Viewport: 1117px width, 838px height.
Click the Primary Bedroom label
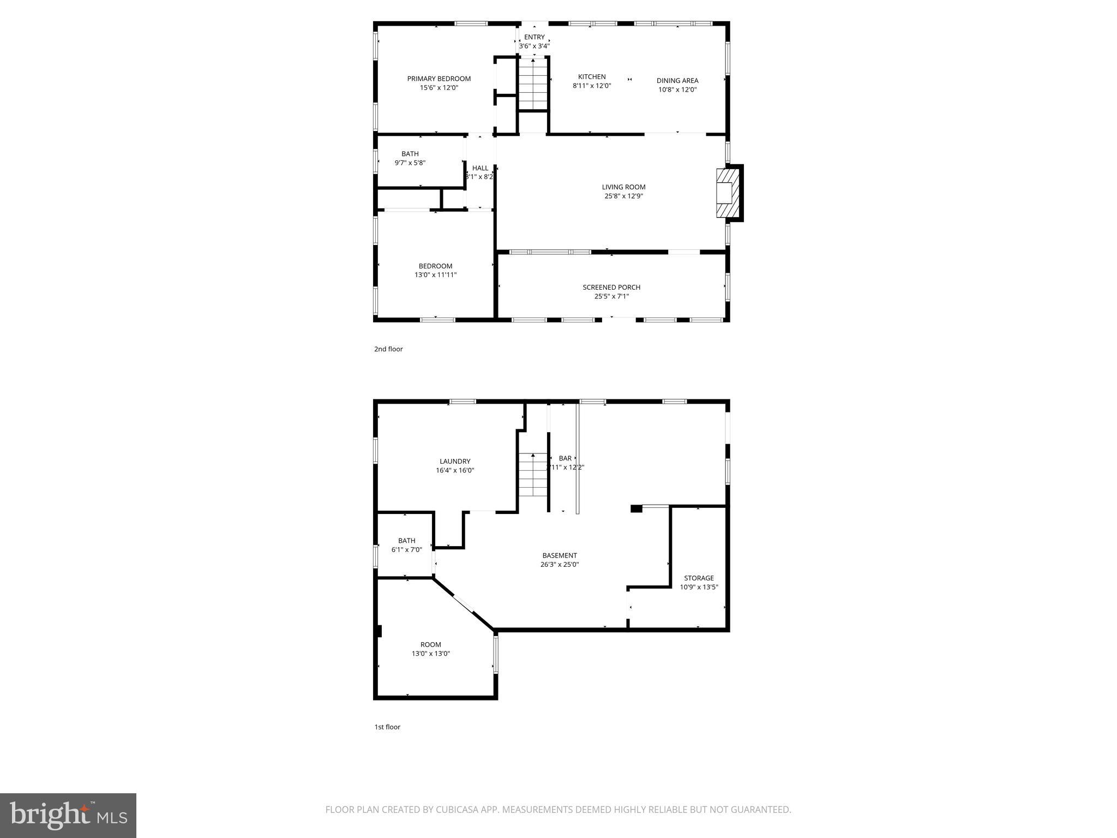(x=439, y=79)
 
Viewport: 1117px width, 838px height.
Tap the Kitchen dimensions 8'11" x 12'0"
(x=592, y=86)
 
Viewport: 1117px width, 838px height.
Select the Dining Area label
(x=677, y=81)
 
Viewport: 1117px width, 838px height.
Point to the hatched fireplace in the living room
(x=726, y=193)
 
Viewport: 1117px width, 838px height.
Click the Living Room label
(x=623, y=187)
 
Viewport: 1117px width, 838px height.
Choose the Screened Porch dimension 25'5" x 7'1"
(x=611, y=296)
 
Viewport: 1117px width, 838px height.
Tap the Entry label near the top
(x=534, y=37)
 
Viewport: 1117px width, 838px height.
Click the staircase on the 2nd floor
(x=533, y=85)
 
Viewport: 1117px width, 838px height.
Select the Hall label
(x=480, y=168)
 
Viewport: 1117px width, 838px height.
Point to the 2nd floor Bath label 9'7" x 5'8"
(x=410, y=154)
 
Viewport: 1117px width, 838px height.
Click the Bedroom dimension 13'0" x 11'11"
(x=435, y=275)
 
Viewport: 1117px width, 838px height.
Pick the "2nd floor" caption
(x=388, y=349)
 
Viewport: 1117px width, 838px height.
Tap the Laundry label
(x=455, y=462)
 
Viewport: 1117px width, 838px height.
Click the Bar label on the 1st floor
(x=565, y=458)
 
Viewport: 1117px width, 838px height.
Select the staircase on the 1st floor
(x=533, y=475)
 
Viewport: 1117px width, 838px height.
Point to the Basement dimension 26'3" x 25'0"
(x=560, y=565)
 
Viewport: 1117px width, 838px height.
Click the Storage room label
(x=699, y=578)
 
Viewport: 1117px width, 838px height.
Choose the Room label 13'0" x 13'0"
(x=430, y=645)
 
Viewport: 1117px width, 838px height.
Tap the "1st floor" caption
(x=387, y=727)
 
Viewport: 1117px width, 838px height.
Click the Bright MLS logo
(x=68, y=815)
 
